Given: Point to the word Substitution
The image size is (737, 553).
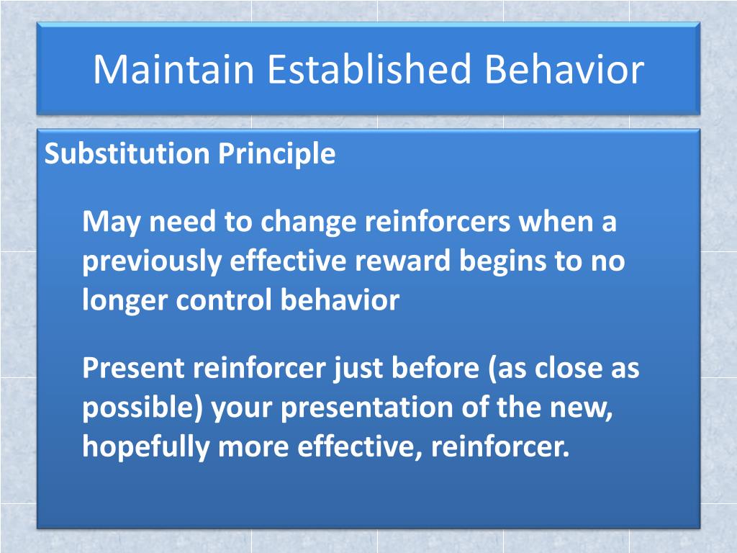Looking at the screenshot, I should click(127, 154).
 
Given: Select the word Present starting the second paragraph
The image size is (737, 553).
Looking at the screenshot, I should click(132, 369).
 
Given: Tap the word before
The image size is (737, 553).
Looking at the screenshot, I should click(434, 369).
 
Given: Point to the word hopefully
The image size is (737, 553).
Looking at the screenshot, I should click(146, 448).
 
